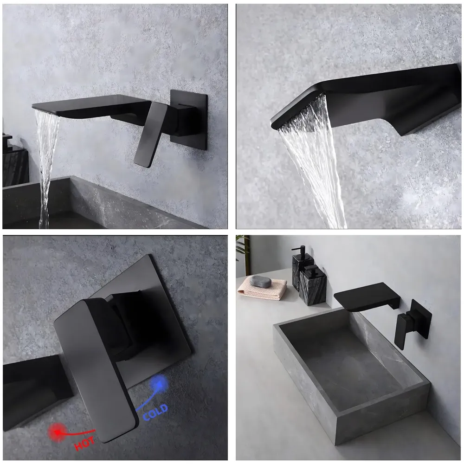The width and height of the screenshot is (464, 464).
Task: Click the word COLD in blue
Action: pyautogui.click(x=155, y=412)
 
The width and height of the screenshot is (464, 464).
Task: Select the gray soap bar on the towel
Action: pyautogui.click(x=260, y=281)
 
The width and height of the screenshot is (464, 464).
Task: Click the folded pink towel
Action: pyautogui.click(x=263, y=290)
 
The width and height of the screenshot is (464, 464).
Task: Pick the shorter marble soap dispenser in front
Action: pyautogui.click(x=313, y=286)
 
